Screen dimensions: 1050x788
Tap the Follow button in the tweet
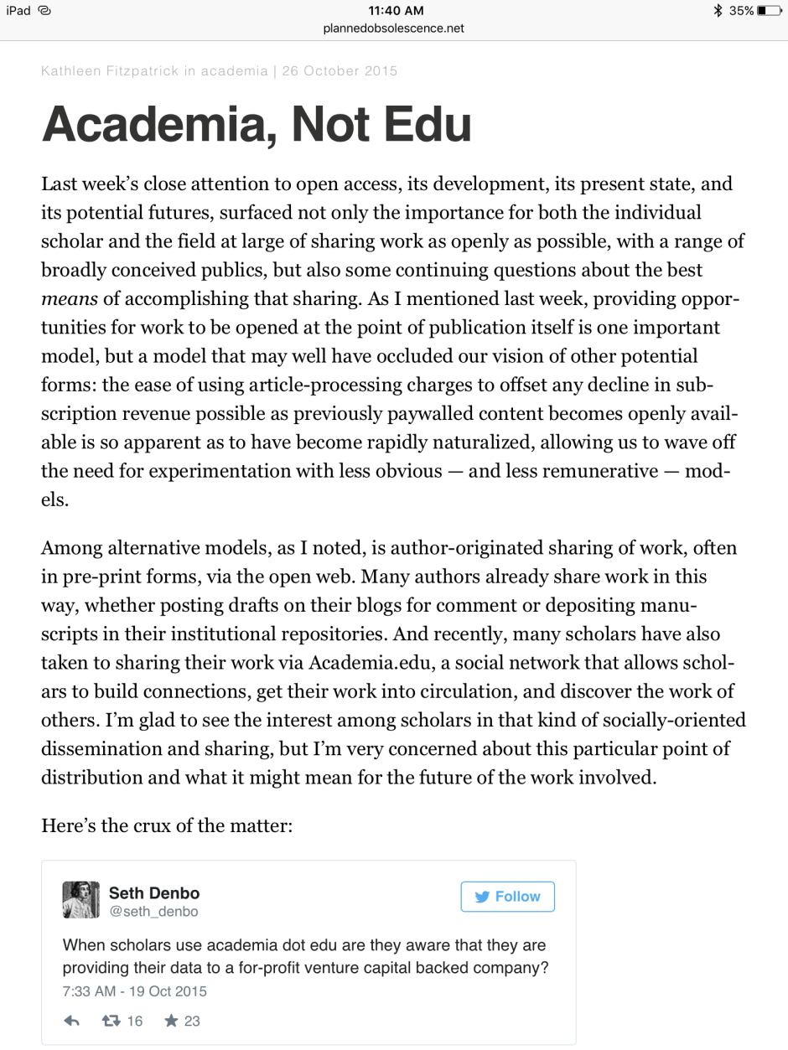[507, 897]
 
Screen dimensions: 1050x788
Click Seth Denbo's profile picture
[80, 900]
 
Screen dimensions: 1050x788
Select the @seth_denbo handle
[153, 911]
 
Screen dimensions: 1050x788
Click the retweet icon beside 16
[110, 1021]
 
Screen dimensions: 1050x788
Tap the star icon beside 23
[172, 1021]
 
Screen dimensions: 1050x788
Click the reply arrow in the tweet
[72, 1021]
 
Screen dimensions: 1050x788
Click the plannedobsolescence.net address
[393, 28]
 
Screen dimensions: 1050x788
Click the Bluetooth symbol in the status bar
[717, 11]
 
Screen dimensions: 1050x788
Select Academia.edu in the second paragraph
[369, 662]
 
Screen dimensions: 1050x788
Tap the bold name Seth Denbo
[154, 893]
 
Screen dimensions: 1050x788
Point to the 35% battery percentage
[740, 11]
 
